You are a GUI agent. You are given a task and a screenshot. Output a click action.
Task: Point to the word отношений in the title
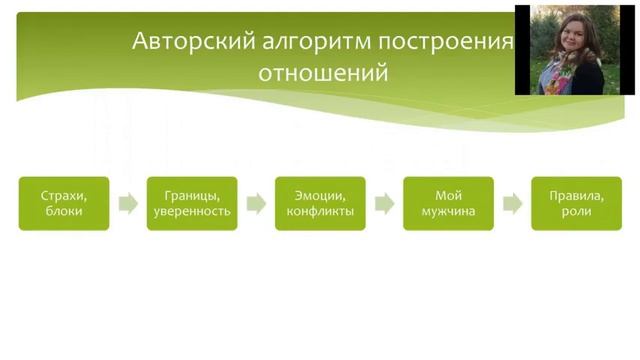click(x=324, y=74)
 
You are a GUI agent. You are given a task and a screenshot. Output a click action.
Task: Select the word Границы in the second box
click(x=192, y=195)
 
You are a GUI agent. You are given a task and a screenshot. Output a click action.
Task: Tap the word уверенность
click(x=192, y=212)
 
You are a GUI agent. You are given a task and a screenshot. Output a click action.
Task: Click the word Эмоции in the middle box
click(x=320, y=195)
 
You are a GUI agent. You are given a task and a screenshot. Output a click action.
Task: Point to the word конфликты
click(x=320, y=212)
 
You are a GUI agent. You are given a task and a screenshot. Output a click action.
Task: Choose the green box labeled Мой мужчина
click(x=448, y=203)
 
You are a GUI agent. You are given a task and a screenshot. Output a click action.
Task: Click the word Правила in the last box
click(x=576, y=195)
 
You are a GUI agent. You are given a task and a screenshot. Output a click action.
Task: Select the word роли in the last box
click(x=576, y=212)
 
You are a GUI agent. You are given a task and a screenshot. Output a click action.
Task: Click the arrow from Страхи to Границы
click(x=128, y=204)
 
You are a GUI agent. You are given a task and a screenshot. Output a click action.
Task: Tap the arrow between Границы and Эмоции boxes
click(x=256, y=204)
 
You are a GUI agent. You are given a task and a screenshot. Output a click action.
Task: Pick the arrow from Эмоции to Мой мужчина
click(x=384, y=204)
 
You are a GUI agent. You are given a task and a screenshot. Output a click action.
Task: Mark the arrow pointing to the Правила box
click(x=512, y=204)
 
